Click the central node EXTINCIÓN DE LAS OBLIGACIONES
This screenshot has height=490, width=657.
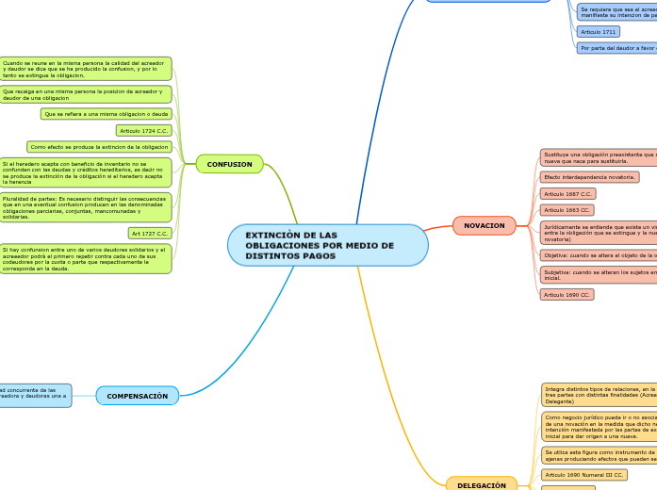[327, 245]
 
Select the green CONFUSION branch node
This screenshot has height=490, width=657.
[229, 164]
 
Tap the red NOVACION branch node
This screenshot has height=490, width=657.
[484, 225]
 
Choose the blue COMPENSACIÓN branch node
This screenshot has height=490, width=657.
[137, 396]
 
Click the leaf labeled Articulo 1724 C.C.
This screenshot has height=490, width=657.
[143, 131]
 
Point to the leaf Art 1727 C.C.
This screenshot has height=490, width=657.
[150, 233]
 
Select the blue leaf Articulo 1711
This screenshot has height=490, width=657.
[599, 32]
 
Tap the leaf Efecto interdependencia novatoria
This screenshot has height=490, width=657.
[589, 177]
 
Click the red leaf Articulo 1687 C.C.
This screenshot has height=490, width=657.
[567, 193]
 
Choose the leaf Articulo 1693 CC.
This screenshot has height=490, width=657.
[567, 210]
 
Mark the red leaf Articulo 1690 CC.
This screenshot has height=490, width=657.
[567, 295]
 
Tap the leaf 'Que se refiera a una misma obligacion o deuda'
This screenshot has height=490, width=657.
[107, 114]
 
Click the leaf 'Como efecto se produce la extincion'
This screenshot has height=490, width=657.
[99, 147]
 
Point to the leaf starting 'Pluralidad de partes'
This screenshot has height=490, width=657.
[85, 207]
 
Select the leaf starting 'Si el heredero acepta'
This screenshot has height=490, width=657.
[85, 172]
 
